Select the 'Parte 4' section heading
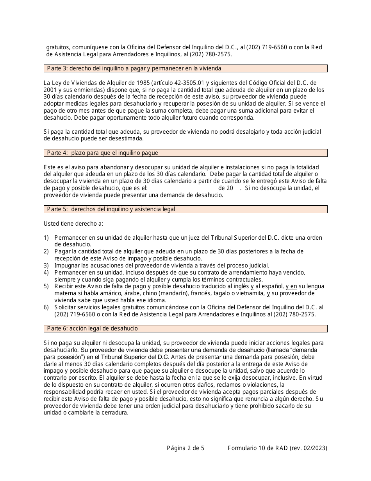coord(57,153)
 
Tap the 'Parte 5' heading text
coord(57,209)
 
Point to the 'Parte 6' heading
coord(57,328)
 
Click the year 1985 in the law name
coord(114,83)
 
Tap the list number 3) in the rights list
coord(46,266)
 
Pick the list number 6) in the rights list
coord(46,307)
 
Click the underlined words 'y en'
coord(291,286)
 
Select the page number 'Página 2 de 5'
coord(185,449)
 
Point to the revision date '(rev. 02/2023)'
coord(309,449)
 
